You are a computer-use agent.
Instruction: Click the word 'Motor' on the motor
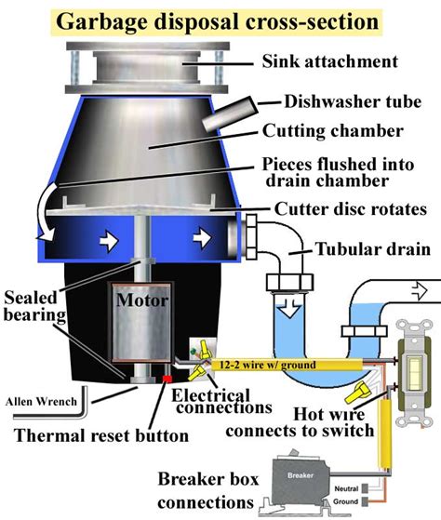140,300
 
